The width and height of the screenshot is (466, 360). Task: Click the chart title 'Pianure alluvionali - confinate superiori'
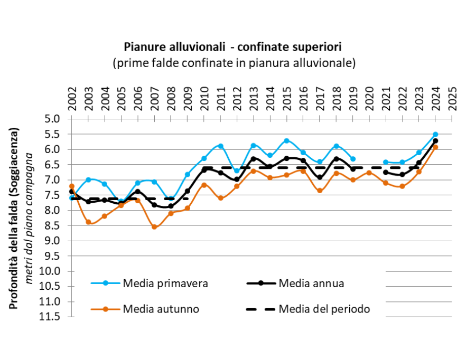(233, 46)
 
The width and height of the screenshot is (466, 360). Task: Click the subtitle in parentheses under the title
(233, 62)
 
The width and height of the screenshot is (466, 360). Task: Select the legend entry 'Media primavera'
(165, 283)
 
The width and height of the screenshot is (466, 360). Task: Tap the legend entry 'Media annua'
(311, 283)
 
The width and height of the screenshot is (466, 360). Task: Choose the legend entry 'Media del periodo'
(324, 309)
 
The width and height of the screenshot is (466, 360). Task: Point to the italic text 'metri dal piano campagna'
(30, 217)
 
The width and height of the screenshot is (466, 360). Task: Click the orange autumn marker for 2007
(154, 227)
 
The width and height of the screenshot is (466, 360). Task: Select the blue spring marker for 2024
(435, 135)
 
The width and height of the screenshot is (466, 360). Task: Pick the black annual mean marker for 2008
(171, 206)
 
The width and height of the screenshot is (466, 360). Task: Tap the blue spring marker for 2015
(286, 141)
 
